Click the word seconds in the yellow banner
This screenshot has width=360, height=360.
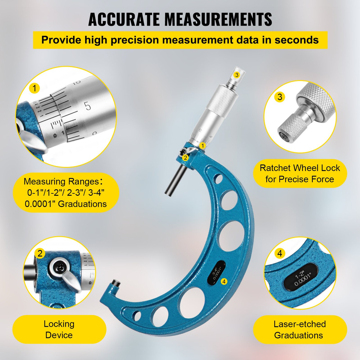click(x=296, y=40)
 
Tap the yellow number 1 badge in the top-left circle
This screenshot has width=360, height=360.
click(x=34, y=88)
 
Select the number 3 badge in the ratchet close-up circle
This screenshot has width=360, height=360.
click(x=280, y=97)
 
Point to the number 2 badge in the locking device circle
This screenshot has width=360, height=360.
click(x=40, y=253)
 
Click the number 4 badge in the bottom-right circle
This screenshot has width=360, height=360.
click(x=280, y=253)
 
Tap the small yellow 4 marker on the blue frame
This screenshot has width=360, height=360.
click(x=224, y=281)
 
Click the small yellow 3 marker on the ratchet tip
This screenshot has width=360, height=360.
click(x=237, y=75)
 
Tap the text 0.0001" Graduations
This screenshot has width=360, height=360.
click(x=66, y=204)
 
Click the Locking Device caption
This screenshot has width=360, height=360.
click(x=59, y=329)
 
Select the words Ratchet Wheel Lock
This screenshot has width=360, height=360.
click(x=300, y=168)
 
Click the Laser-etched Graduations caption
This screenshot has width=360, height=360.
click(x=300, y=329)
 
